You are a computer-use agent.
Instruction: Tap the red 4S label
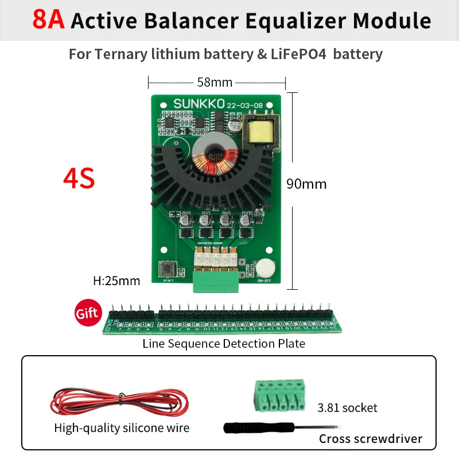coord(79,179)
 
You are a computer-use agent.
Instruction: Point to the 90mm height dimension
coord(306,184)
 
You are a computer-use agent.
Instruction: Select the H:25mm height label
coord(116,281)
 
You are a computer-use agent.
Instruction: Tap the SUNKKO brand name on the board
coord(198,104)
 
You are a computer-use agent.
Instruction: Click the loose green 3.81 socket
coord(278,396)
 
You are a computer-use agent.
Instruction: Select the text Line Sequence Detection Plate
coord(224,344)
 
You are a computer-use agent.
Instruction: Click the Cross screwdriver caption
coord(370,439)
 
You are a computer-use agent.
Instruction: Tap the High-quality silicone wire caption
coord(122,428)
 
